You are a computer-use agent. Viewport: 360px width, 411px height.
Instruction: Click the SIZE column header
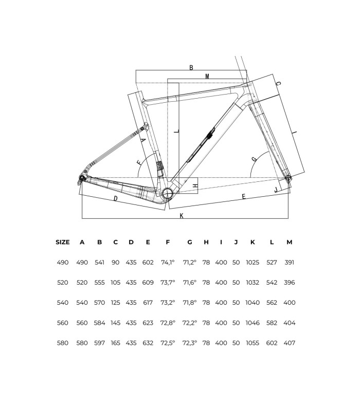click(62, 242)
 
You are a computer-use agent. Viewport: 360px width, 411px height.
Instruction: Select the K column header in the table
click(253, 242)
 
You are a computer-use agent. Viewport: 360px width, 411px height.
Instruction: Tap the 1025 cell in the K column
click(253, 263)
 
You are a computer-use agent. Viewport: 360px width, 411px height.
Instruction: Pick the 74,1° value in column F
click(168, 263)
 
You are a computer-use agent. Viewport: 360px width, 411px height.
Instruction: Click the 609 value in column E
click(148, 283)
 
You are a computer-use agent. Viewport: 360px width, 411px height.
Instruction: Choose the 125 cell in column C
click(115, 303)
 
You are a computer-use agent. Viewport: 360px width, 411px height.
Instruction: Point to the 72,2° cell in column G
click(189, 323)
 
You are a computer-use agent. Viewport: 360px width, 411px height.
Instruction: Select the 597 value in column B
click(99, 343)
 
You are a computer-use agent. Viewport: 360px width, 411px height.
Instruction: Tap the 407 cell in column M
click(290, 343)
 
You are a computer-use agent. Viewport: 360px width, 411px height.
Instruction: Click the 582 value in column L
click(272, 323)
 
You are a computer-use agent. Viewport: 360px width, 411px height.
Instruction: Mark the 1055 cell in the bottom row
click(253, 343)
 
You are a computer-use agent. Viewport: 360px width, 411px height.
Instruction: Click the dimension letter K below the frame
click(182, 216)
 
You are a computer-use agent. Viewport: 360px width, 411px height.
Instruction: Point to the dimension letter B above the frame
click(191, 68)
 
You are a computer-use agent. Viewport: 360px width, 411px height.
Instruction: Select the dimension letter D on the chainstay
click(115, 199)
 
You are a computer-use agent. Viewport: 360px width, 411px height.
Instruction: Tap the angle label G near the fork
click(254, 159)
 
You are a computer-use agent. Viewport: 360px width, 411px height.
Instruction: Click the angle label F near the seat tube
click(139, 162)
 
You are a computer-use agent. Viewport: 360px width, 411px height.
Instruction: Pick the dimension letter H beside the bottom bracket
click(195, 185)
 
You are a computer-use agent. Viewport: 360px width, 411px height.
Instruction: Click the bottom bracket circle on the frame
click(168, 194)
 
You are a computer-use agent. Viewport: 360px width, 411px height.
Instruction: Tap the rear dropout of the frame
click(82, 179)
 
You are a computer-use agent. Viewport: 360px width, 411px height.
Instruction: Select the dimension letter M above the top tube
click(207, 76)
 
